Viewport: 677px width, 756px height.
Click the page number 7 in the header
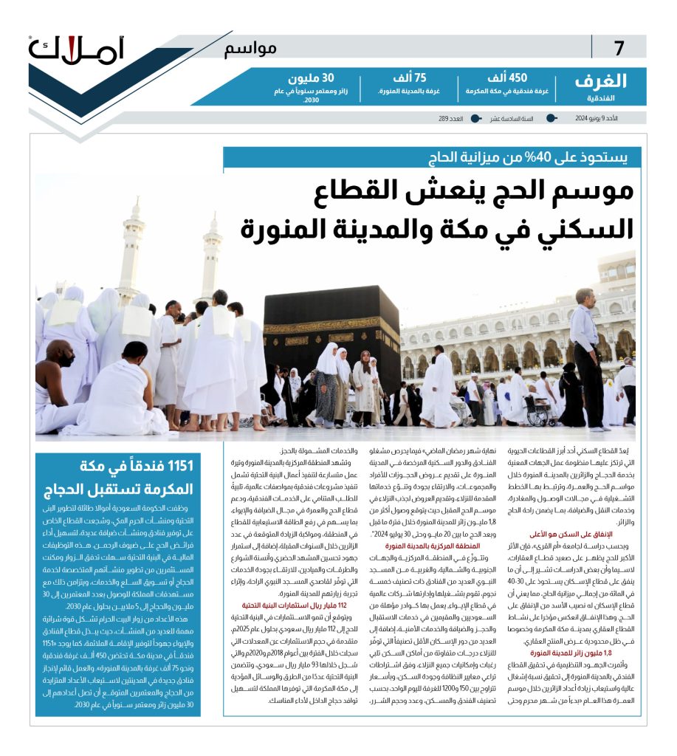click(x=619, y=49)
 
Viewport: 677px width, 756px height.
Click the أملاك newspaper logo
click(x=78, y=49)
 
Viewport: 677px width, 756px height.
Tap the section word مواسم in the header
click(x=250, y=49)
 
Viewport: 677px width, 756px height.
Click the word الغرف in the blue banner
click(x=599, y=81)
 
